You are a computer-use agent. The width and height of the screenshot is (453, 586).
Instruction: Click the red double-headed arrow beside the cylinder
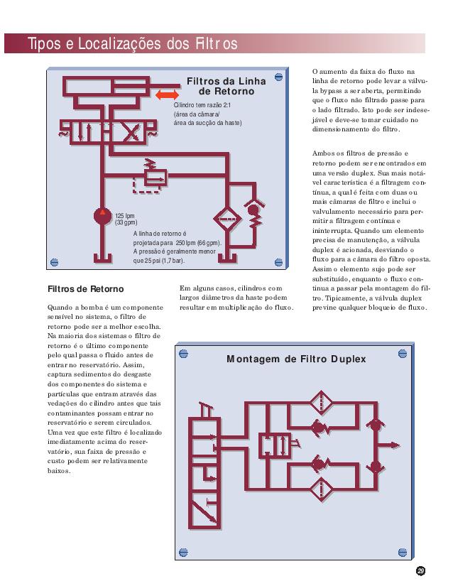tap(168, 95)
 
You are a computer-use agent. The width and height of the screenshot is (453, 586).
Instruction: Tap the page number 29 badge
tap(420, 570)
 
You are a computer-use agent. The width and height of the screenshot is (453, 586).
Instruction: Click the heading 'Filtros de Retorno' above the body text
tap(85, 289)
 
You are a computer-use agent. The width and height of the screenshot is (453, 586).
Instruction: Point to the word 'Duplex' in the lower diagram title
tap(344, 359)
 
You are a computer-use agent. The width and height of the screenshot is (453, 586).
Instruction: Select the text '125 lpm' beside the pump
tap(125, 215)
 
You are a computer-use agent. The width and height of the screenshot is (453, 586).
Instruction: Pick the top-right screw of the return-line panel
tap(279, 75)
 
